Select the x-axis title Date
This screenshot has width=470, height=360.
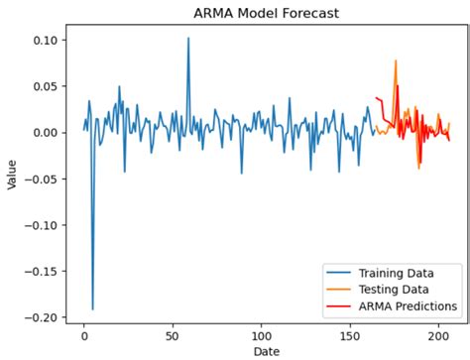[268, 351]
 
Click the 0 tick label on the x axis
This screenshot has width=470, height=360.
[84, 335]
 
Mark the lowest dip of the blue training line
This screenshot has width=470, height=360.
[93, 309]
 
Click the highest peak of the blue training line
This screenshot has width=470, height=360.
[188, 39]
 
